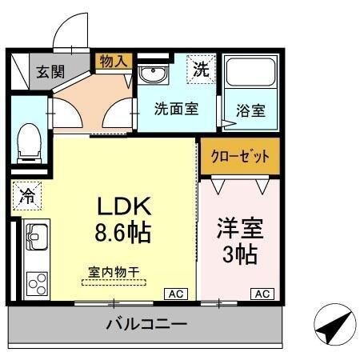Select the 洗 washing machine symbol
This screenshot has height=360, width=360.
click(x=202, y=70)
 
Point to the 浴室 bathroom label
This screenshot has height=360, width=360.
click(x=250, y=110)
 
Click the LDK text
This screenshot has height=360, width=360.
click(x=124, y=206)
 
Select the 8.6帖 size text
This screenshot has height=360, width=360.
click(x=124, y=234)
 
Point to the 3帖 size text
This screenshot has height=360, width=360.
click(x=239, y=255)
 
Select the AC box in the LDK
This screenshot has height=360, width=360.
click(x=175, y=294)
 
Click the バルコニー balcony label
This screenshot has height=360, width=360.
click(x=146, y=326)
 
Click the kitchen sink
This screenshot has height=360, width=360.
click(x=35, y=238)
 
